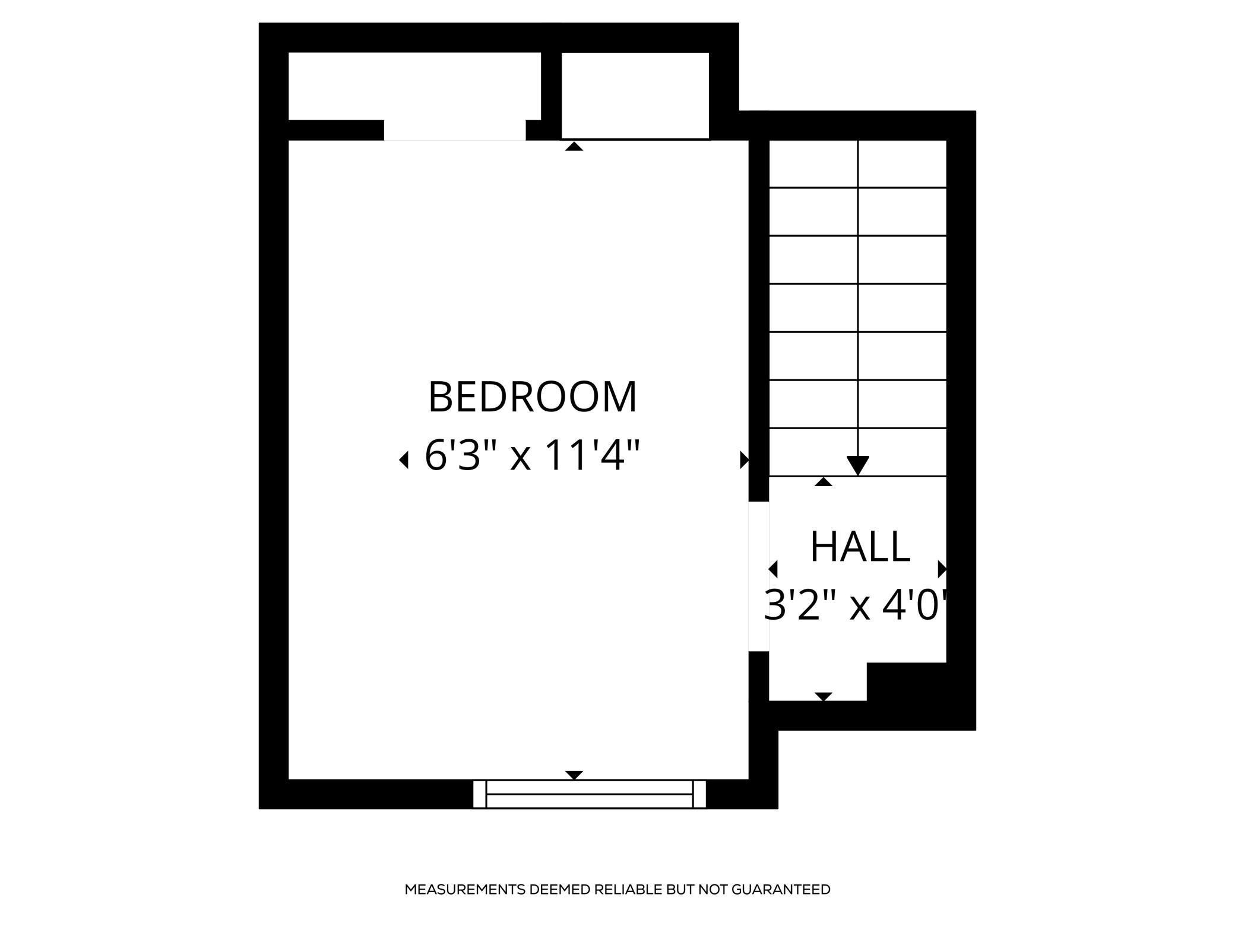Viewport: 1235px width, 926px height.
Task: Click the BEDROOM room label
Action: (x=533, y=397)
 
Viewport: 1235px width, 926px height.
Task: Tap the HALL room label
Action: (x=860, y=547)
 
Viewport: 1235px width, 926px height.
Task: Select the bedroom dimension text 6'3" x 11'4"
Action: (x=533, y=456)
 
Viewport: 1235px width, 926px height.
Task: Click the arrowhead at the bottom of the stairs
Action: (x=858, y=465)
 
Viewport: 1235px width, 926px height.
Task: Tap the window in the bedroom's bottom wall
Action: (x=590, y=794)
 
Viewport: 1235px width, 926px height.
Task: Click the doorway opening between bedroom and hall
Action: (x=758, y=576)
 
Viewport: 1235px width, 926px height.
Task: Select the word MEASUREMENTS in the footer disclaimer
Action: (x=465, y=889)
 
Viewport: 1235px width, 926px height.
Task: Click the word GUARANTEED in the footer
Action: (x=781, y=889)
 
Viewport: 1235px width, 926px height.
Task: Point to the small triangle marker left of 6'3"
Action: (x=404, y=459)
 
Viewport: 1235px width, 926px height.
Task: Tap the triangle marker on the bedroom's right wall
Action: (x=744, y=459)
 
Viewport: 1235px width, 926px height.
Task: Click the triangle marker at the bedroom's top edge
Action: (x=574, y=147)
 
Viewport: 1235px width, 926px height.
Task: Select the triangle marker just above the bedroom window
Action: (x=574, y=775)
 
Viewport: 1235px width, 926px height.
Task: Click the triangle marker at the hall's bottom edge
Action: (x=824, y=696)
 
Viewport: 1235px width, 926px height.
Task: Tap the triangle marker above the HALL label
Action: (x=823, y=482)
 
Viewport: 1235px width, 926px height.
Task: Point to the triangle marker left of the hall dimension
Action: (x=773, y=569)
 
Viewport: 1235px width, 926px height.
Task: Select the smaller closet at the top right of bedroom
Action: (x=635, y=95)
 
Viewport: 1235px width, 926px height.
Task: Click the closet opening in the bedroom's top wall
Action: (x=455, y=131)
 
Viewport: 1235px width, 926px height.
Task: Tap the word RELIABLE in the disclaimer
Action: (x=628, y=889)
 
